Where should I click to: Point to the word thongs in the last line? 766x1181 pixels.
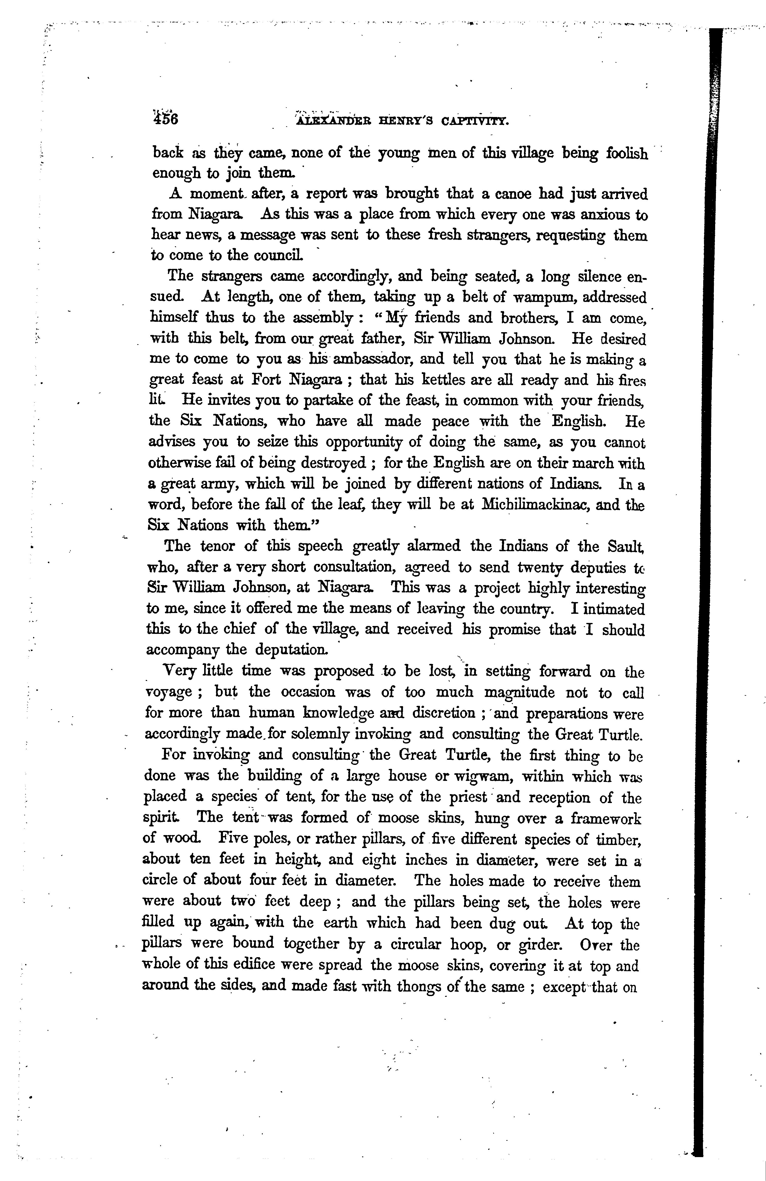click(425, 986)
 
